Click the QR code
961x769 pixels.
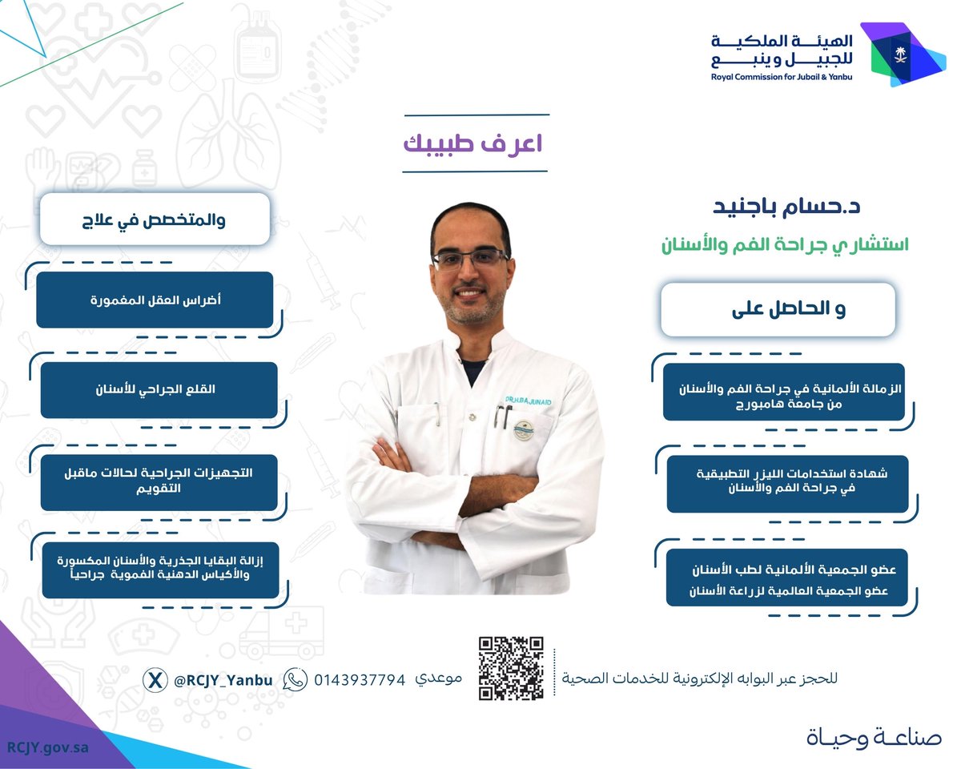point(512,668)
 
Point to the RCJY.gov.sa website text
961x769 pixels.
point(47,746)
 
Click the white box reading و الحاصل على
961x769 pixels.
point(789,309)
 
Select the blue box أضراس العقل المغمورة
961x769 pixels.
point(155,300)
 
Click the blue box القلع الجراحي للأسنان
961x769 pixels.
point(159,390)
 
